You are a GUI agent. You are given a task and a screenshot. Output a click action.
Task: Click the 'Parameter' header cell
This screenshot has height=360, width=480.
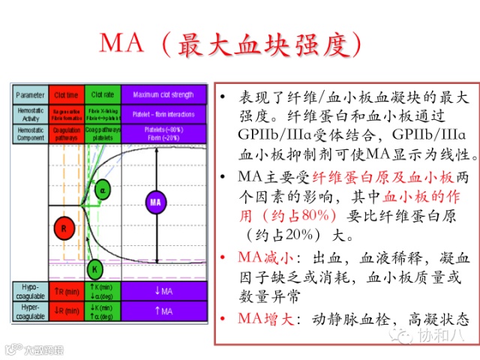(x=30, y=94)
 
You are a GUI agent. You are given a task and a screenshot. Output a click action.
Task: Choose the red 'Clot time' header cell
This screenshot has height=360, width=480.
(x=66, y=94)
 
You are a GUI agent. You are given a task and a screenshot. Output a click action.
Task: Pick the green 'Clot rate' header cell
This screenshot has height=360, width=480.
(x=102, y=94)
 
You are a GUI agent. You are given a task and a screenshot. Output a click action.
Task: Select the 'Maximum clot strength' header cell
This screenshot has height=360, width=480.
(x=163, y=94)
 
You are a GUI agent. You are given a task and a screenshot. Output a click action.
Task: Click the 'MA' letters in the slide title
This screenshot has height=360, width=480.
(x=121, y=44)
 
